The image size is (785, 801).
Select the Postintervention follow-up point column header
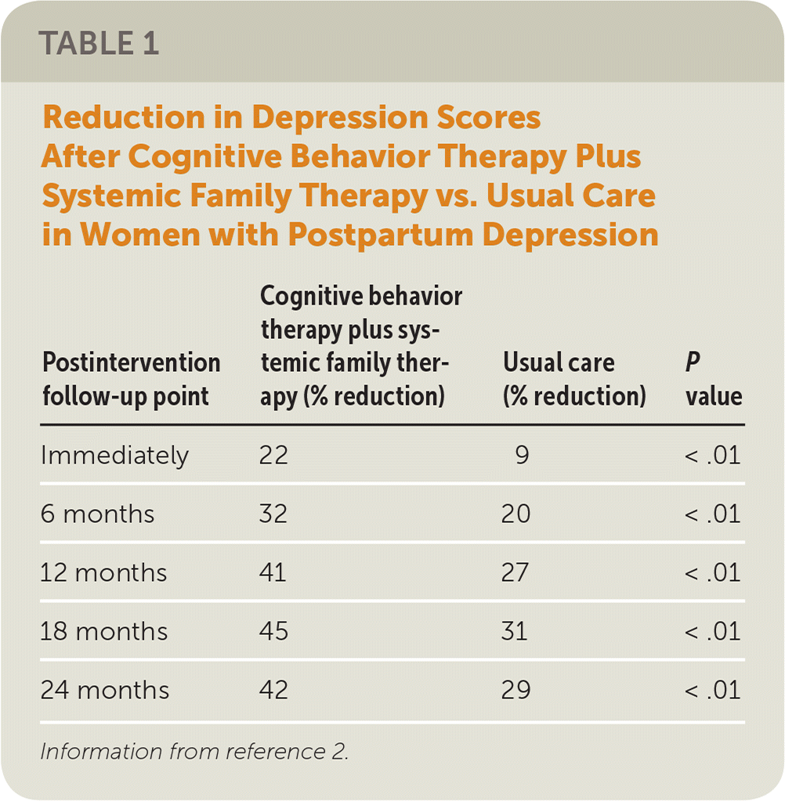pyautogui.click(x=131, y=380)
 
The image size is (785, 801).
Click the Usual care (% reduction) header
pyautogui.click(x=574, y=380)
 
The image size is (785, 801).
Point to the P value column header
pyautogui.click(x=714, y=380)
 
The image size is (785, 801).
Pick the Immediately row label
pyautogui.click(x=114, y=455)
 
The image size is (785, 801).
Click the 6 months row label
pyautogui.click(x=98, y=514)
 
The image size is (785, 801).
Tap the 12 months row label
pyautogui.click(x=103, y=572)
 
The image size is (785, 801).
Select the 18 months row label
pyautogui.click(x=104, y=631)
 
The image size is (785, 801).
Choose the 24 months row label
pyautogui.click(x=105, y=690)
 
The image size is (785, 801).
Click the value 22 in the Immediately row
pyautogui.click(x=274, y=455)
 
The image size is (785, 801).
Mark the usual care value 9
pyautogui.click(x=523, y=455)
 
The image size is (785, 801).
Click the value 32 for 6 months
pyautogui.click(x=274, y=514)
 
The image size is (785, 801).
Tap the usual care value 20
pyautogui.click(x=517, y=514)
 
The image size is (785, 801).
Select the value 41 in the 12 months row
pyautogui.click(x=273, y=572)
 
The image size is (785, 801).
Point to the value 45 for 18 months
pyautogui.click(x=274, y=631)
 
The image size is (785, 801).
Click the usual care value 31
pyautogui.click(x=515, y=631)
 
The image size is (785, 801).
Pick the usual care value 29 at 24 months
pyautogui.click(x=517, y=690)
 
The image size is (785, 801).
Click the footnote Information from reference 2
pyautogui.click(x=194, y=752)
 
